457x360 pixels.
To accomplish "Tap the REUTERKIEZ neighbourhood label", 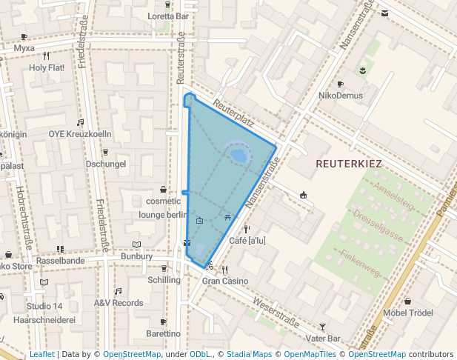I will coord(348,161).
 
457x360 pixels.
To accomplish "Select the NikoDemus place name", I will coord(340,96).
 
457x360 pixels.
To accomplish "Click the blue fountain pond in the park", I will coord(238,156).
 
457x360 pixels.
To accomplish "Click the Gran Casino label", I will coord(225,281).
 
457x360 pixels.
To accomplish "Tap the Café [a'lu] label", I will coord(247,241).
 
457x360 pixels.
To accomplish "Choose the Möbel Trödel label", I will coord(408,313).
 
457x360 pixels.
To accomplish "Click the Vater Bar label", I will coord(322,338).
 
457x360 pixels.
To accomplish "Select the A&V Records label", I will coord(118,303).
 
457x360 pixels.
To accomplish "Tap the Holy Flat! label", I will coord(47,67).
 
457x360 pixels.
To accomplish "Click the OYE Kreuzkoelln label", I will coord(80,134).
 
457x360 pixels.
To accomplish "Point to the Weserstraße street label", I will coord(276,313).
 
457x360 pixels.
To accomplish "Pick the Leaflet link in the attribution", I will coord(41,354).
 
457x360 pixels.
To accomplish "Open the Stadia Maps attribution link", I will coord(249,354).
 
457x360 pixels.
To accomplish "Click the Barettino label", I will coord(164,334).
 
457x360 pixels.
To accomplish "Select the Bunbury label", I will coord(136,256).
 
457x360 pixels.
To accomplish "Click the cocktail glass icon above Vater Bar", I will coord(321,327).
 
